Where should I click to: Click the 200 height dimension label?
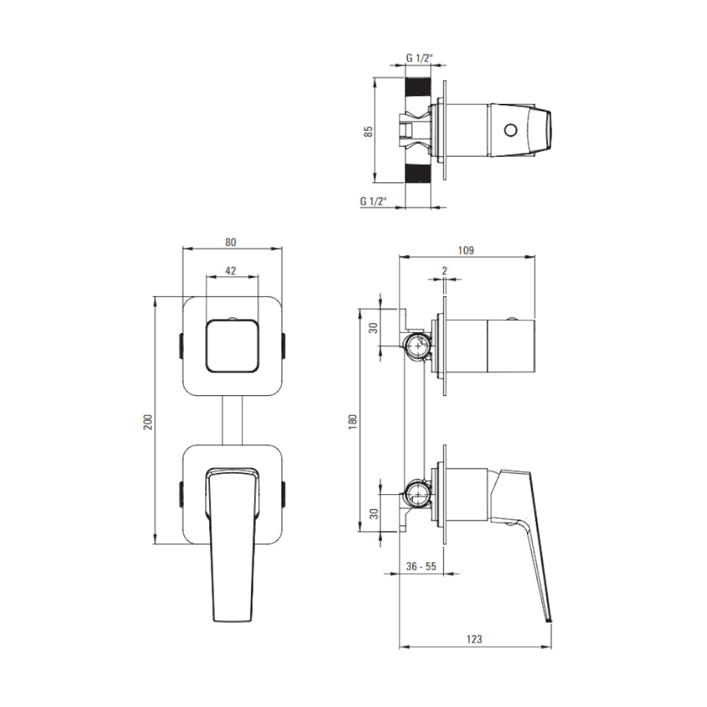pos(148,421)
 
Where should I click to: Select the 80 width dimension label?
pos(230,242)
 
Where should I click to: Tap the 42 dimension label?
pos(230,271)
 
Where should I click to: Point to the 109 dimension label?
pos(466,250)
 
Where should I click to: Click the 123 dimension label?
pos(474,639)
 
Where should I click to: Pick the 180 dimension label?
pos(353,421)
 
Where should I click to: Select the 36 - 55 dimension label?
pos(421,566)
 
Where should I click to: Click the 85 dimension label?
pos(368,132)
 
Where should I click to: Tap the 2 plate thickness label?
pos(445,271)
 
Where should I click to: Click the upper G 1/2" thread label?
pos(419,58)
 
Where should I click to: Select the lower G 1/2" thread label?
pos(373,201)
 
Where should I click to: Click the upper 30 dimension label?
pos(374,328)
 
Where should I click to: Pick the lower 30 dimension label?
pos(374,513)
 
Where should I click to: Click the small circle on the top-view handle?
pos(510,131)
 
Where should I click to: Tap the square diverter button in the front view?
pos(232,346)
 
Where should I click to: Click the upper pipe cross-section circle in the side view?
pos(418,346)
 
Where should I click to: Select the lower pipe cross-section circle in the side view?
pos(418,494)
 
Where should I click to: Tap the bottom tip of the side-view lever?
pos(549,621)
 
